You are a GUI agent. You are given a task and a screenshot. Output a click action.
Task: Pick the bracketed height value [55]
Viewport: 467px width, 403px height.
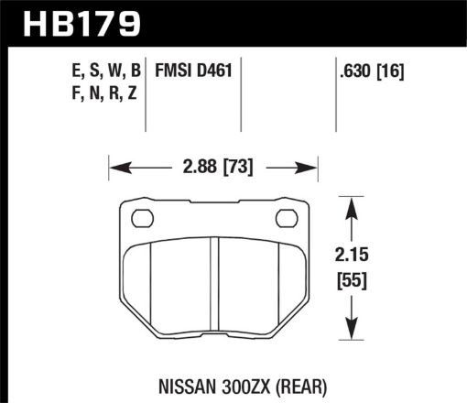tap(353, 282)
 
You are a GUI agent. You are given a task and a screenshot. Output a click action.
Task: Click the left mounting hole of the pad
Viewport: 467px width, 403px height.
tap(143, 219)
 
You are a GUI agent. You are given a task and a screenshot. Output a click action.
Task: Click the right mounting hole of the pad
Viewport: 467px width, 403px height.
tap(285, 219)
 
